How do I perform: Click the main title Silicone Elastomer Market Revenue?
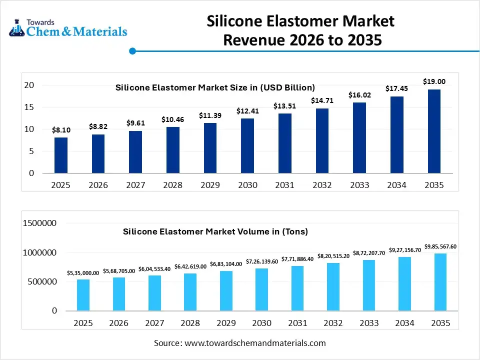click(301, 30)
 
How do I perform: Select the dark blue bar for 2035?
click(433, 131)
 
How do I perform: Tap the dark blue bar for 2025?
click(61, 155)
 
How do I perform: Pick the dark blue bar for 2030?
click(247, 146)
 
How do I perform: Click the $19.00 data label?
click(433, 81)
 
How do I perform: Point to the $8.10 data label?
click(61, 130)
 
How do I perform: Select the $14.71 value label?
click(322, 100)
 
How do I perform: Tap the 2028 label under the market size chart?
click(173, 185)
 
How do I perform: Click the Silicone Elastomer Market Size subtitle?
click(215, 87)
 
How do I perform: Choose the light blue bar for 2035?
click(440, 282)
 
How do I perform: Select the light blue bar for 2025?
click(83, 295)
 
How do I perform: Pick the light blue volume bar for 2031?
click(297, 288)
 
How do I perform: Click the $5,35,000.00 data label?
click(83, 273)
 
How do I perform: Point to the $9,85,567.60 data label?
click(440, 246)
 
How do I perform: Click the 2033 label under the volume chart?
click(368, 323)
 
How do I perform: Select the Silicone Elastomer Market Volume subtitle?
click(215, 231)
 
